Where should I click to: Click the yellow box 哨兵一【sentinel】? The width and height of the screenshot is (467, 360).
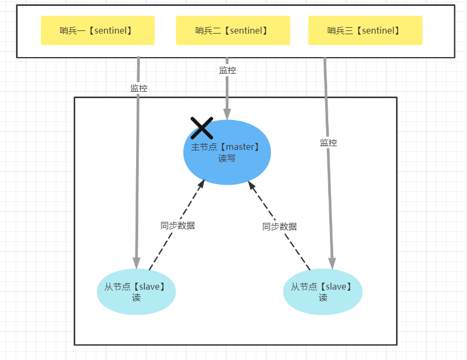coord(98,30)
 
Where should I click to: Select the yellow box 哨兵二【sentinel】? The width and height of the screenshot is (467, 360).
coord(233,30)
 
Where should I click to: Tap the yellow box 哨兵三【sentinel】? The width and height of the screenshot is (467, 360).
coord(365,30)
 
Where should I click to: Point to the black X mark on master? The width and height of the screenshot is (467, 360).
coord(202,128)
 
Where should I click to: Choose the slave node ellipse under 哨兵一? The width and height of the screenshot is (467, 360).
coord(136,292)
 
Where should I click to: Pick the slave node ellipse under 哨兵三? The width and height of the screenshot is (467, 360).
coord(322,292)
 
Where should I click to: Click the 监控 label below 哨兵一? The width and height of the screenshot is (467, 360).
coord(139,89)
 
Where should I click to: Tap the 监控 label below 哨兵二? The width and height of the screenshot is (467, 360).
coord(228,70)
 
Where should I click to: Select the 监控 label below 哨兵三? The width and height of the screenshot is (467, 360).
coord(329,142)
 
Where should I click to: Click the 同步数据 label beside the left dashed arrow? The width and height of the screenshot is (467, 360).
coord(178,226)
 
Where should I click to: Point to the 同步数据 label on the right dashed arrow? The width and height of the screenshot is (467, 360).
coord(280,227)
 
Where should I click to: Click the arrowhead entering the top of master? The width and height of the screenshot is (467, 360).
coord(227,114)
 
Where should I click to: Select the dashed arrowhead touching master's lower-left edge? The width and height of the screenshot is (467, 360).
coord(201,184)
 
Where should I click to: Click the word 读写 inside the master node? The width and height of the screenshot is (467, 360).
coord(226,158)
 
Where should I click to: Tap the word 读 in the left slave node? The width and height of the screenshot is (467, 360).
coord(136,298)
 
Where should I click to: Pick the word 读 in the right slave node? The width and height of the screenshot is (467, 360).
coord(323,298)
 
